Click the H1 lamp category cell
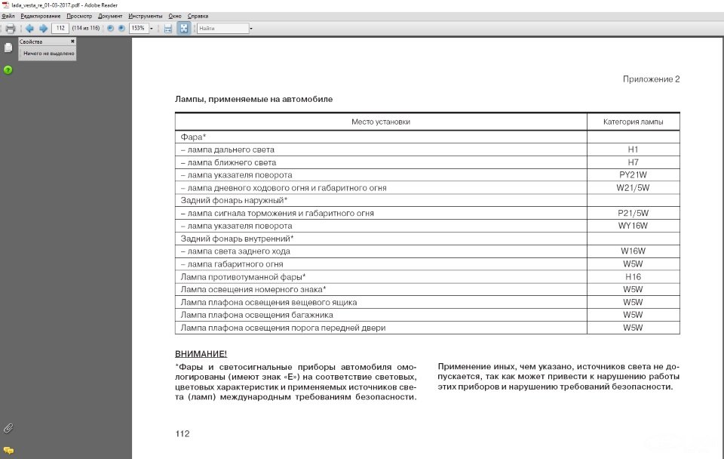click(x=633, y=149)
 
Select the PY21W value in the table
click(x=633, y=175)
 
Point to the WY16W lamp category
click(x=633, y=226)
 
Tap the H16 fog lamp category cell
click(x=633, y=277)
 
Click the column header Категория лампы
click(x=633, y=122)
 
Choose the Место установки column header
click(x=381, y=122)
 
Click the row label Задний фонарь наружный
click(x=234, y=200)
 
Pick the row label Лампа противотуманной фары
click(x=243, y=277)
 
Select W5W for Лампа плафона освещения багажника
click(x=633, y=315)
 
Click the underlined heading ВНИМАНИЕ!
click(x=201, y=354)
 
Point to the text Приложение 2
click(x=651, y=79)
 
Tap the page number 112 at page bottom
click(x=182, y=433)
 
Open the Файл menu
click(x=8, y=16)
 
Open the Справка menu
click(x=198, y=16)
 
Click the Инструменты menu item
click(x=145, y=16)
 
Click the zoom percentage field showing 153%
click(x=138, y=29)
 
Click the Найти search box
click(x=222, y=29)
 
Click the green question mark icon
click(x=8, y=69)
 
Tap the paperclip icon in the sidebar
click(x=8, y=428)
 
